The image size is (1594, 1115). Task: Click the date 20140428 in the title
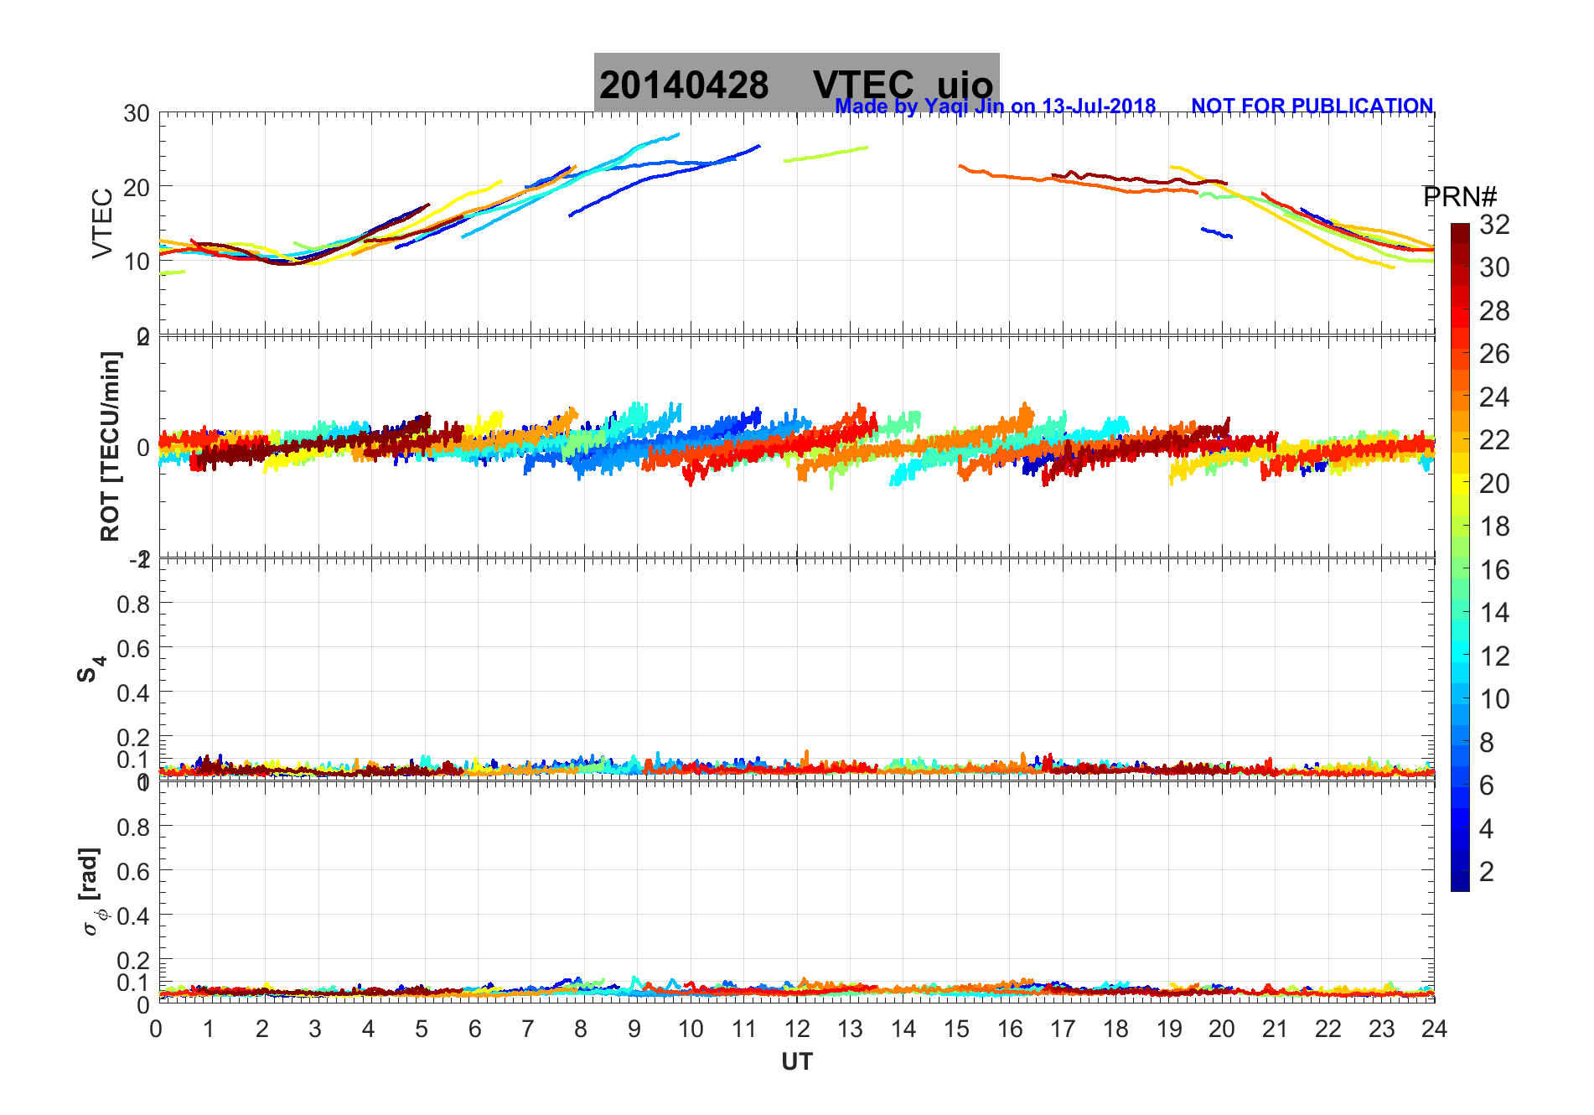[x=684, y=86]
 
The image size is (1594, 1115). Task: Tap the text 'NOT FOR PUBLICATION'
[x=1312, y=106]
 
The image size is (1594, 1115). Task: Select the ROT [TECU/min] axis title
[x=110, y=446]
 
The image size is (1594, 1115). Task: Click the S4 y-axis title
[x=91, y=669]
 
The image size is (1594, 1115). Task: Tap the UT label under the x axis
[x=796, y=1062]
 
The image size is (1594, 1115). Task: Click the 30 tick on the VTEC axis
[x=137, y=114]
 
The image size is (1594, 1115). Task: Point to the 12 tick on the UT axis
[x=796, y=1029]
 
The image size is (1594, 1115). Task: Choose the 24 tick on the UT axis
[x=1434, y=1029]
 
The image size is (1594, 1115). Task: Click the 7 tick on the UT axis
[x=528, y=1029]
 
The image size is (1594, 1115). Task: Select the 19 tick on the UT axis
[x=1168, y=1029]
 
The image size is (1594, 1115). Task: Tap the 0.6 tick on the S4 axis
[x=134, y=648]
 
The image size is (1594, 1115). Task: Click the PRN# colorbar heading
[x=1459, y=198]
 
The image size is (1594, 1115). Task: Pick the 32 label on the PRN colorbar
[x=1494, y=225]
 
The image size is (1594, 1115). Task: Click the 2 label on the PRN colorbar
[x=1487, y=872]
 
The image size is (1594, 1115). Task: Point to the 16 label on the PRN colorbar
[x=1494, y=570]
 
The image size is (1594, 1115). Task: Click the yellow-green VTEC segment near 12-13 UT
[x=825, y=153]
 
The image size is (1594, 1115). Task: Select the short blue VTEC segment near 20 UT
[x=1216, y=232]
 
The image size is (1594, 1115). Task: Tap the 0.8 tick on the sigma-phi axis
[x=134, y=827]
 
